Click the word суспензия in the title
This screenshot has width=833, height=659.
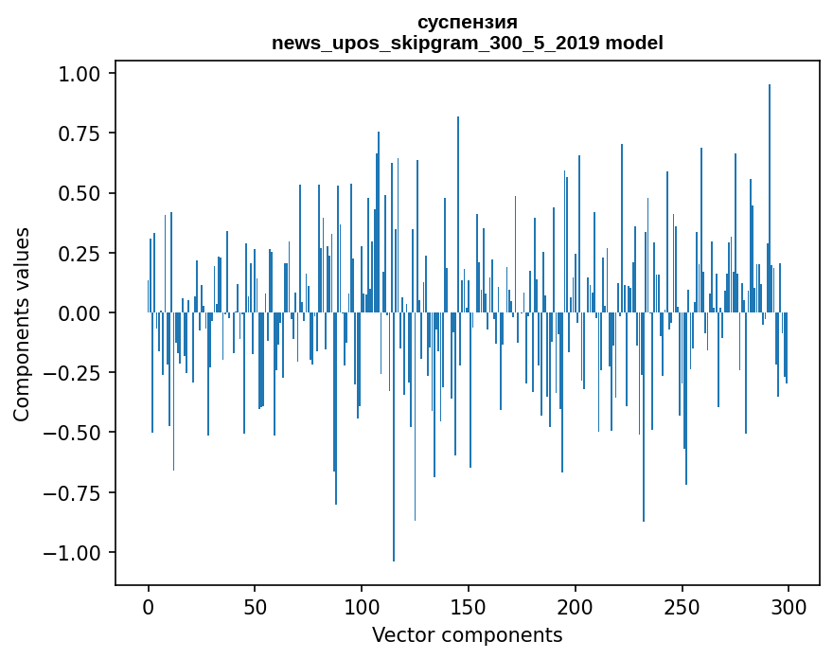pyautogui.click(x=467, y=23)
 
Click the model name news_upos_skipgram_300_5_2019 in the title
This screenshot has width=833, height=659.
pyautogui.click(x=442, y=43)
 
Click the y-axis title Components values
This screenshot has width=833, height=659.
pyautogui.click(x=22, y=324)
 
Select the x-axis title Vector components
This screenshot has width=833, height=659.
pyautogui.click(x=467, y=635)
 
